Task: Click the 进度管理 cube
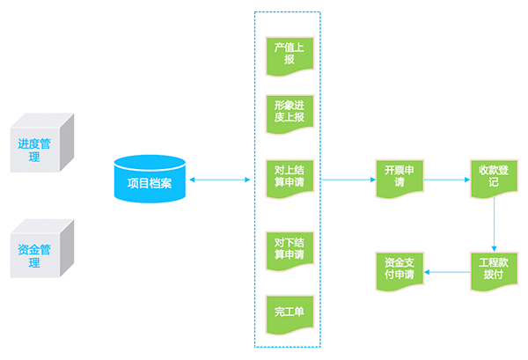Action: click(x=42, y=143)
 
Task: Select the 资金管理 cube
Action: click(x=42, y=248)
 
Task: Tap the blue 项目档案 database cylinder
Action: click(x=150, y=179)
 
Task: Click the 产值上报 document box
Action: click(x=290, y=56)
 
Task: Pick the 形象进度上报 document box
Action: click(x=290, y=114)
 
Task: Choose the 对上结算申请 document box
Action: click(x=290, y=179)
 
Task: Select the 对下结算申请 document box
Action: click(x=290, y=251)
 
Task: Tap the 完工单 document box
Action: click(x=290, y=315)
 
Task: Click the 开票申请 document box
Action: click(x=400, y=179)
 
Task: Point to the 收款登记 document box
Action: click(x=494, y=179)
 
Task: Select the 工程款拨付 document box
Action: click(x=494, y=271)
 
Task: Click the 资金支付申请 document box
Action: click(x=400, y=271)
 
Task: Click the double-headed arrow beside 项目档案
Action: click(x=220, y=180)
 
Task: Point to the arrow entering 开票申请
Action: click(x=348, y=180)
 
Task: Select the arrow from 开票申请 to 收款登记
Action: click(x=447, y=180)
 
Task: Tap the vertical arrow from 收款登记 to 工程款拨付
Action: click(x=494, y=224)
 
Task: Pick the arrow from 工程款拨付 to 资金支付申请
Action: click(x=447, y=272)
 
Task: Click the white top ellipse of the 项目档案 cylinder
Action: click(x=150, y=162)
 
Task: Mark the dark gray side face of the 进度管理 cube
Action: click(x=67, y=143)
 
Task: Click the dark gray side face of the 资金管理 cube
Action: click(x=67, y=248)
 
